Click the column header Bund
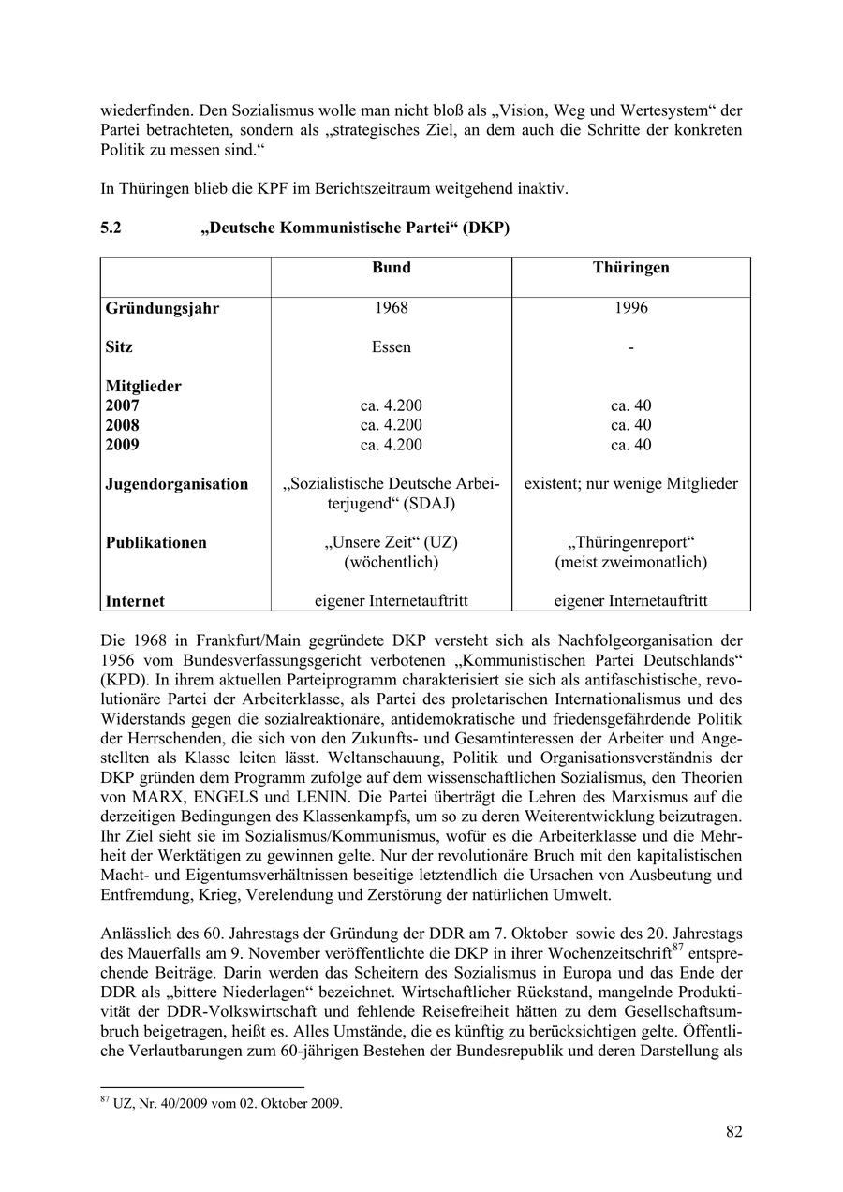(391, 268)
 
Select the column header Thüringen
(630, 268)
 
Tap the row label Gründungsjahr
(162, 308)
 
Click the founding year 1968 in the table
(391, 307)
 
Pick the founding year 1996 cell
(630, 307)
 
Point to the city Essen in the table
(391, 346)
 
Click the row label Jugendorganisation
(177, 484)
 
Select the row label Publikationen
(155, 543)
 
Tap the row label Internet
(135, 601)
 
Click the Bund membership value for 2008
(391, 425)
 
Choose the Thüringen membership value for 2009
(630, 445)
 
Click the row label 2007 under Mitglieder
(122, 405)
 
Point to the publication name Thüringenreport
(630, 543)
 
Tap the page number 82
(733, 1132)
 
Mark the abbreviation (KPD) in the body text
(124, 680)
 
